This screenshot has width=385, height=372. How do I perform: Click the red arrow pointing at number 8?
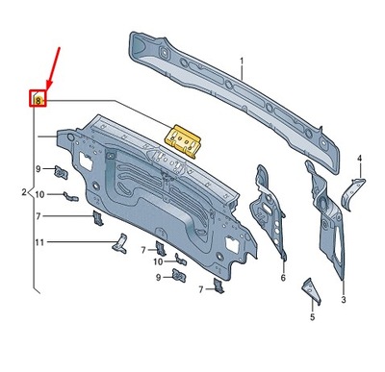click(x=53, y=67)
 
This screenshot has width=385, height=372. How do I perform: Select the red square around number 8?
click(x=38, y=99)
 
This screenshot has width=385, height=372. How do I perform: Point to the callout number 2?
click(x=23, y=193)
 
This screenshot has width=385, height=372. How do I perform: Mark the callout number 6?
click(x=283, y=278)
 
